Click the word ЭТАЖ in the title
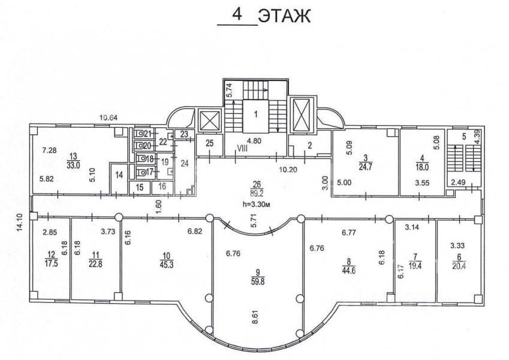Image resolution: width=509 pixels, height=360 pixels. click(284, 16)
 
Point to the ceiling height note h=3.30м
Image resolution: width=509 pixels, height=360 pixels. click(257, 205)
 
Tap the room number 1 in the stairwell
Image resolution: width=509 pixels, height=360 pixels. click(256, 115)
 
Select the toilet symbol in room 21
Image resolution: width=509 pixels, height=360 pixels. click(140, 133)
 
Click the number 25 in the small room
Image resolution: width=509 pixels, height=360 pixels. click(210, 143)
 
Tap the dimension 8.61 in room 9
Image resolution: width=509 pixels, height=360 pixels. click(255, 315)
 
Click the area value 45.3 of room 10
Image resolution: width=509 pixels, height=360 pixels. click(167, 265)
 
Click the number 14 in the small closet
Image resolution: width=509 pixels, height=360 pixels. click(119, 175)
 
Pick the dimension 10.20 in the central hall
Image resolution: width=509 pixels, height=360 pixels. click(288, 169)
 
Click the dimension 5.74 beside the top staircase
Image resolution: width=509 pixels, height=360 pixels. click(230, 90)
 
